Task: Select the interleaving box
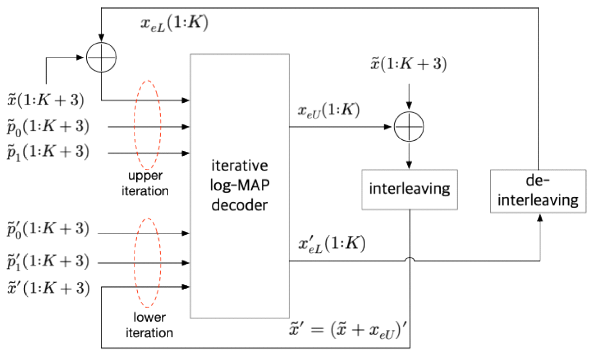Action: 410,188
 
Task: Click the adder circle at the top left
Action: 101,57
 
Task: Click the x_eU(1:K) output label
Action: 328,111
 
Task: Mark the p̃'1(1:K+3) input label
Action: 48,262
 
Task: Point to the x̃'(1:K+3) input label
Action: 48,288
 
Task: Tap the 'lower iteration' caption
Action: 149,326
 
